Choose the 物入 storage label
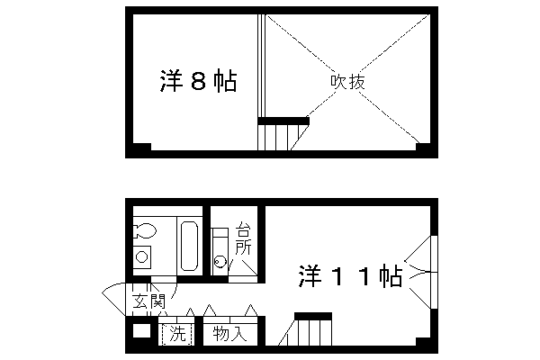pos(229,334)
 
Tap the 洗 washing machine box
pos(177,334)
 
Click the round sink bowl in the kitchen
pos(220,264)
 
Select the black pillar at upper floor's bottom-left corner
pos(141,148)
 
